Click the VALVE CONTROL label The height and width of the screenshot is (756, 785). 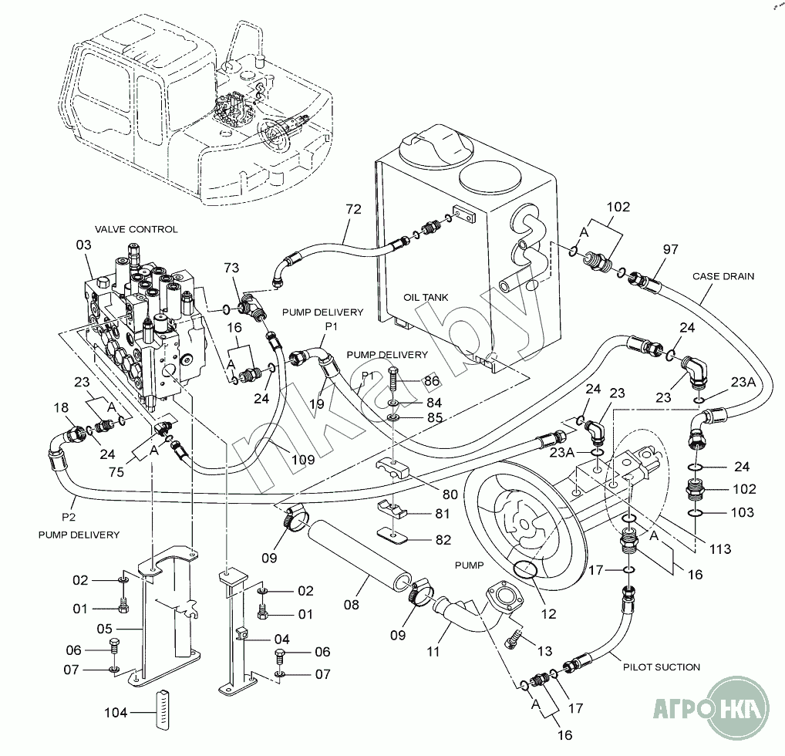136,229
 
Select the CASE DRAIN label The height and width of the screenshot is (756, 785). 723,275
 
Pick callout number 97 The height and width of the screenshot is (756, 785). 671,249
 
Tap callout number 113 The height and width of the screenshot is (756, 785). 720,549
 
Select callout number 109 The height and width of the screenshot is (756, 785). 303,460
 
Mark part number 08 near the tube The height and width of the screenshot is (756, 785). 352,606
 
